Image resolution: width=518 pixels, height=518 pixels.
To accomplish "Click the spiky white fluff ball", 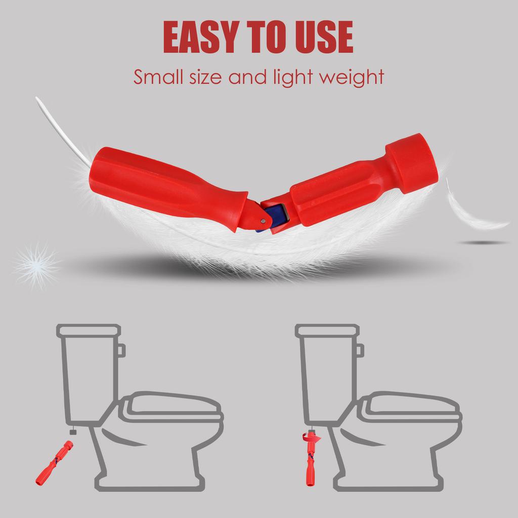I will (x=36, y=264).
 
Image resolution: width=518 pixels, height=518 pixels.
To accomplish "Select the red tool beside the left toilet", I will (x=54, y=461).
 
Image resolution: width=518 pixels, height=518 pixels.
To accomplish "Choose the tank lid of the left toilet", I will (x=88, y=330).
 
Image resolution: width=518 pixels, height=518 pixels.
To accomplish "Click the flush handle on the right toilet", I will (x=360, y=350).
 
